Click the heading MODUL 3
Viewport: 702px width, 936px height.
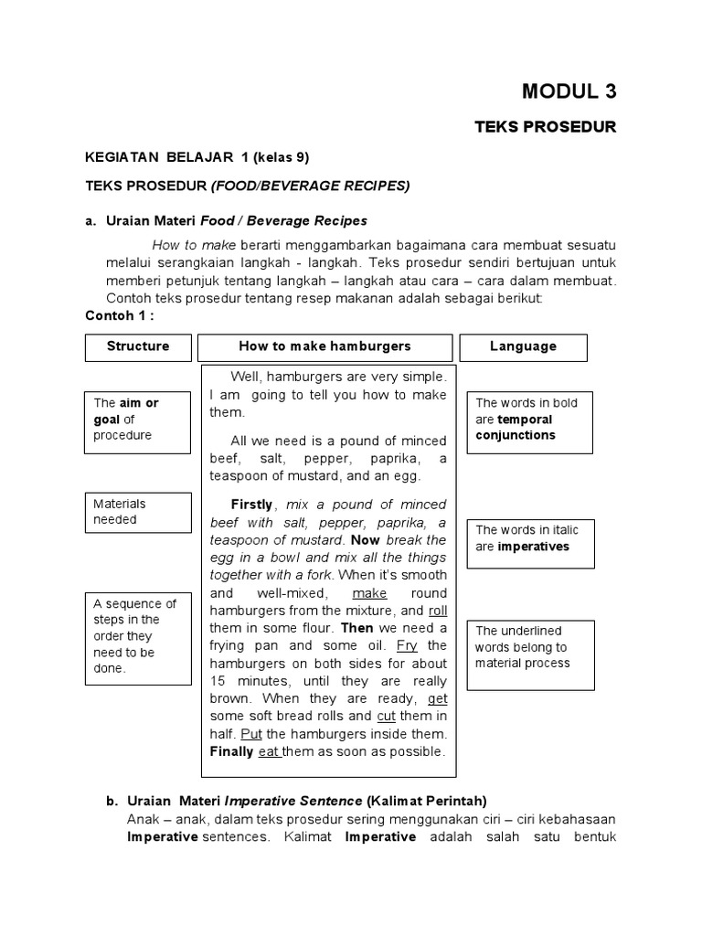(x=569, y=90)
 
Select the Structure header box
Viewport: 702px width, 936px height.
(x=138, y=346)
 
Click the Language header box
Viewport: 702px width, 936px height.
(x=523, y=346)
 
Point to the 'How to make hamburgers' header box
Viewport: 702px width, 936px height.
(x=324, y=346)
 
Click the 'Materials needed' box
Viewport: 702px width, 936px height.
(x=138, y=512)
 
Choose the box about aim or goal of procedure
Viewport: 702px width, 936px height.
(x=138, y=419)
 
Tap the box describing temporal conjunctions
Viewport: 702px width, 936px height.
(x=529, y=419)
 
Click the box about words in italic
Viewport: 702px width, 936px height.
(x=529, y=538)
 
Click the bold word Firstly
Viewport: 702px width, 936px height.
(x=250, y=505)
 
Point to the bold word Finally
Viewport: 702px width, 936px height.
(x=231, y=751)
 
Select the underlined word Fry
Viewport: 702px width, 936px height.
(x=408, y=646)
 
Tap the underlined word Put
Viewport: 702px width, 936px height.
(x=251, y=734)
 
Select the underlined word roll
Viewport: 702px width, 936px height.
(x=438, y=611)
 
